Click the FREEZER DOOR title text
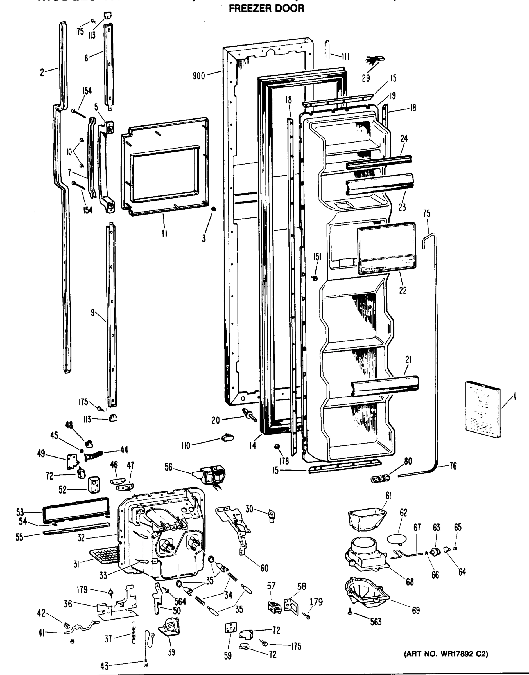coord(266,8)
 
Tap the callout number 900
coord(198,76)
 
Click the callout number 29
coord(366,78)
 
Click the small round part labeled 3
coord(213,209)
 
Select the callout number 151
coord(317,257)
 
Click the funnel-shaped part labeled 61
coord(367,519)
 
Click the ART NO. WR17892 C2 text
coord(446,654)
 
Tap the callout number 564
coord(180,602)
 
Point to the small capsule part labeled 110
coord(227,438)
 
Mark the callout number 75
coord(426,213)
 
